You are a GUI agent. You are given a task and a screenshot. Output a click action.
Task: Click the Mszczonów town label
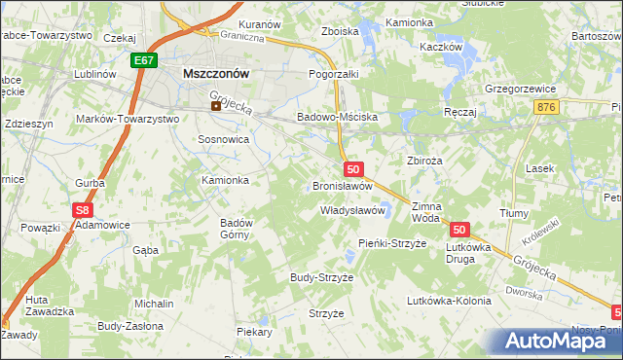[x=216, y=73]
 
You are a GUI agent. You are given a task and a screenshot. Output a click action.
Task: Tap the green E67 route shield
[x=144, y=60]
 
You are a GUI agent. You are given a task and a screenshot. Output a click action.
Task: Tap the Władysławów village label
[x=353, y=210]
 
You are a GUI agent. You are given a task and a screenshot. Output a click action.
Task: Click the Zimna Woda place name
[x=426, y=212]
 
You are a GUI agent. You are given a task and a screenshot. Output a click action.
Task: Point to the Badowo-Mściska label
[x=337, y=116]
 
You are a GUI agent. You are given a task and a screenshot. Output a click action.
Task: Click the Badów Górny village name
[x=237, y=228]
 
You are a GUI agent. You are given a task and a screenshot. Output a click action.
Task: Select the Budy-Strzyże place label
[x=321, y=277]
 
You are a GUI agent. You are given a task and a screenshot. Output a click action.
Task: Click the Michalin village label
[x=154, y=304]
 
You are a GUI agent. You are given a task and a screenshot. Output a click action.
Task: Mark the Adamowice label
[x=103, y=224]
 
